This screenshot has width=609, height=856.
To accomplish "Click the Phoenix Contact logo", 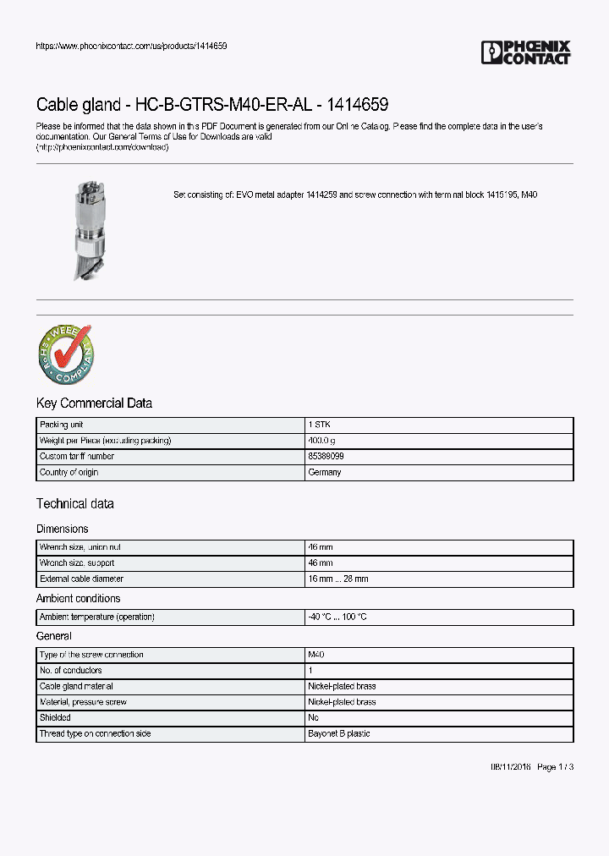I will tap(526, 52).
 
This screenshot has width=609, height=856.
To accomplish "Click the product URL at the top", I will tap(131, 46).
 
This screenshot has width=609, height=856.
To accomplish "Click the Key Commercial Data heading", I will tap(94, 403).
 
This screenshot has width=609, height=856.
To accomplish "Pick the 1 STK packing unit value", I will tap(320, 425).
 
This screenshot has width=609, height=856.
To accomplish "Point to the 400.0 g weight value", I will tap(321, 441).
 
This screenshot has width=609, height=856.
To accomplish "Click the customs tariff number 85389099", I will tap(326, 457).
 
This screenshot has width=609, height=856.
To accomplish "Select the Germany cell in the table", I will tap(325, 473).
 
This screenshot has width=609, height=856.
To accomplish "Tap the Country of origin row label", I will tap(69, 473).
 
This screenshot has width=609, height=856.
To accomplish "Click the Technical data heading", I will tap(74, 504).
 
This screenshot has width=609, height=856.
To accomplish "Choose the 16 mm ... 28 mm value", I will tap(338, 579).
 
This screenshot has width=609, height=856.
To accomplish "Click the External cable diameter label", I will tap(81, 579).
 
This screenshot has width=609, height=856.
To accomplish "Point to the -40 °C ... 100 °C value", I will tap(337, 617).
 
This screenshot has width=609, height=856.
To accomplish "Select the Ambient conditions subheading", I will tap(78, 599).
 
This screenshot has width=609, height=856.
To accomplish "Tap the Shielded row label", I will tap(57, 718).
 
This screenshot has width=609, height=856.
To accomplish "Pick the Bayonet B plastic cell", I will tap(338, 734).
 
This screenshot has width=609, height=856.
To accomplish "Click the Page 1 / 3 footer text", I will tap(556, 767).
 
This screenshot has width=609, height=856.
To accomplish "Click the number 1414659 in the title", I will tap(353, 105).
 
